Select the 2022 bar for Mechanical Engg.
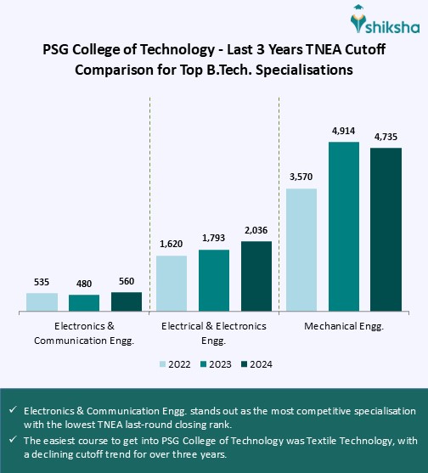click(301, 251)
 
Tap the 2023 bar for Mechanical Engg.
click(344, 227)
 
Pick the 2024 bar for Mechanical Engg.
click(386, 230)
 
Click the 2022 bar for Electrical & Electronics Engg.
click(172, 284)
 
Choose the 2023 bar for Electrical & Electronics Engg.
click(214, 281)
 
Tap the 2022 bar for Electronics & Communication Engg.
click(42, 302)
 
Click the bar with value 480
click(84, 303)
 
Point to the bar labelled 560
click(127, 301)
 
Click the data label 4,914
click(344, 132)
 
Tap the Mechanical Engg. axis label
click(343, 325)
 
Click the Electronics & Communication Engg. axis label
click(84, 333)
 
